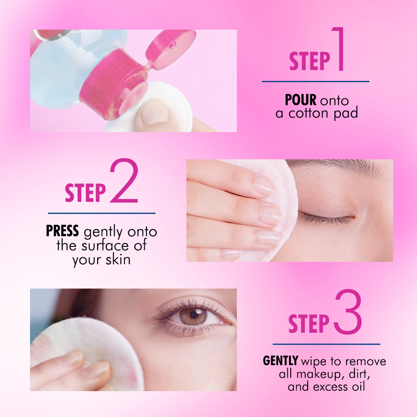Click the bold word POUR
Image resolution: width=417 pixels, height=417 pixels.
pyautogui.click(x=301, y=100)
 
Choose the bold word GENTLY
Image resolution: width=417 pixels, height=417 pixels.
pyautogui.click(x=280, y=361)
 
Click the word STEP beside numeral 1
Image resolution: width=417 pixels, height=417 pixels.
pyautogui.click(x=309, y=61)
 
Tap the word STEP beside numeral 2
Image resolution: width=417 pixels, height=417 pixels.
pyautogui.click(x=85, y=193)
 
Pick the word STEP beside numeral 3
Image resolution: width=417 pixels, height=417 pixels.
pyautogui.click(x=309, y=324)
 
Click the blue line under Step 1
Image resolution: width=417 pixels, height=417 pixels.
pyautogui.click(x=315, y=82)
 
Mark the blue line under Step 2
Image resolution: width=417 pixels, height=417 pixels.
pyautogui.click(x=101, y=213)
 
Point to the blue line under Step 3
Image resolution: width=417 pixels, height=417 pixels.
pyautogui.click(x=326, y=344)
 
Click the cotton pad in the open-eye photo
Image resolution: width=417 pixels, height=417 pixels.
pyautogui.click(x=83, y=346)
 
